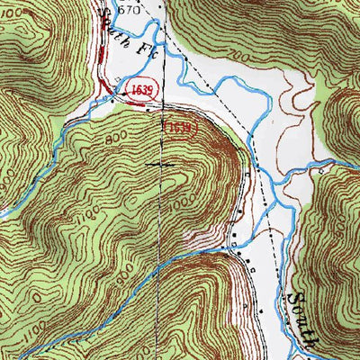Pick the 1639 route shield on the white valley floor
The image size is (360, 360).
click(137, 92)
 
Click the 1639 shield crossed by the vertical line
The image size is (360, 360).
click(176, 129)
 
